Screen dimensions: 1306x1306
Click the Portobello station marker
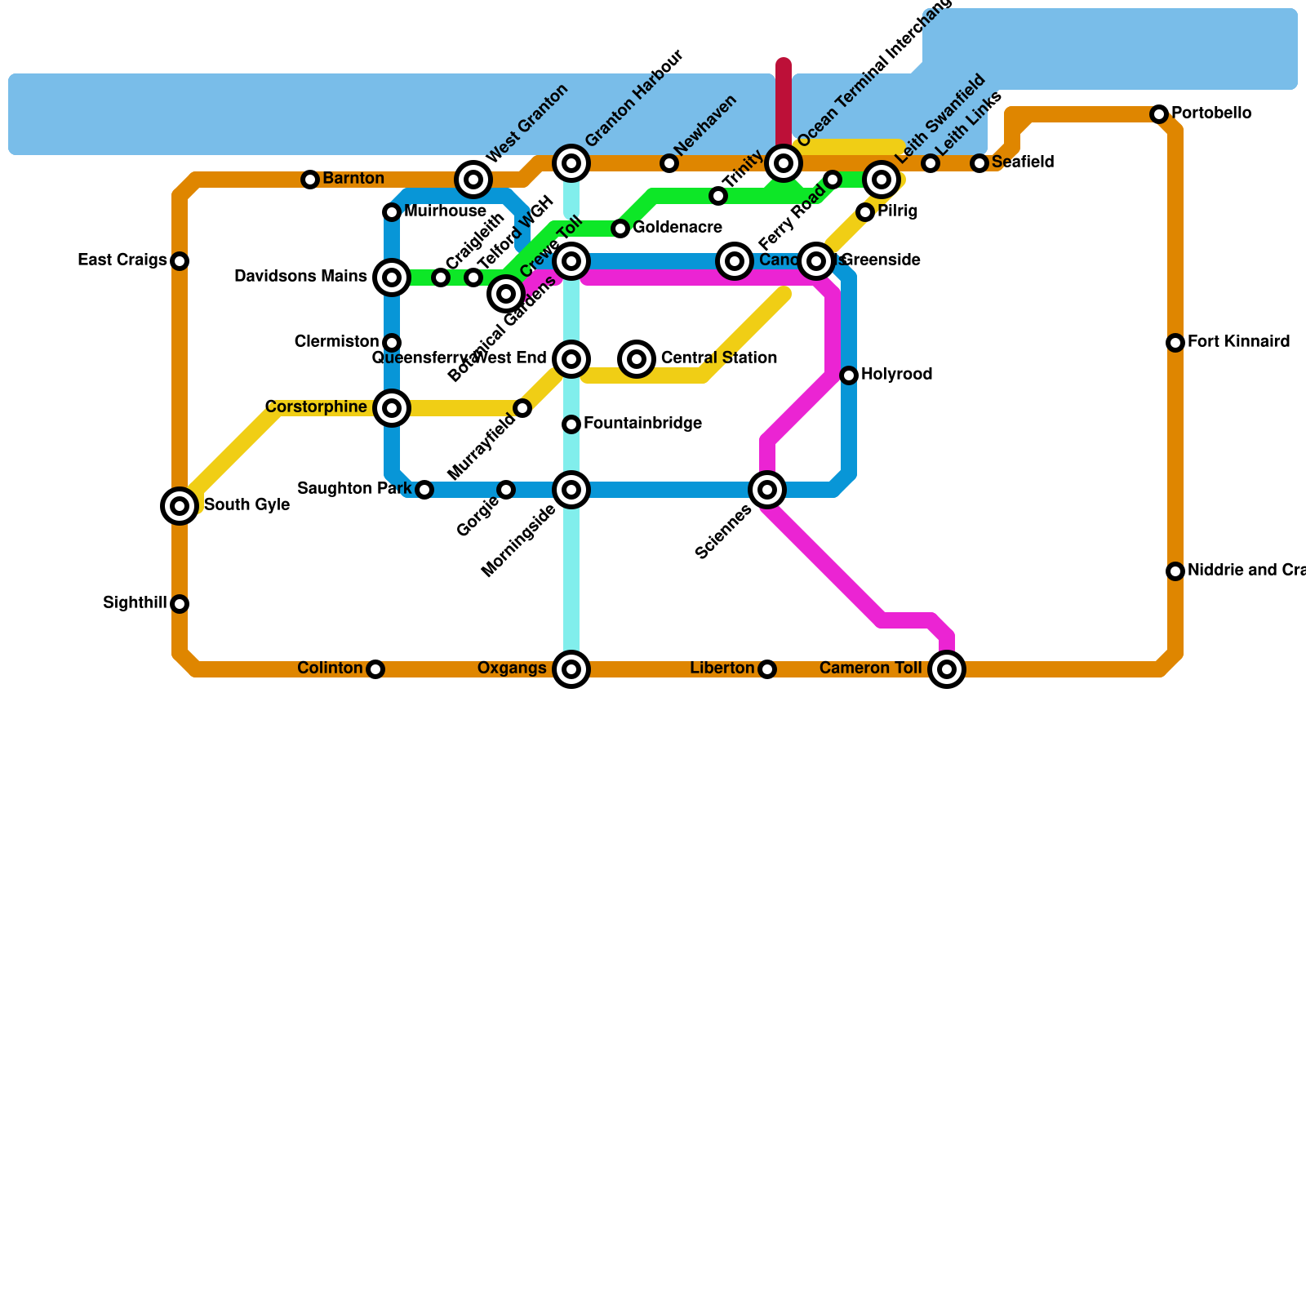[x=1159, y=114]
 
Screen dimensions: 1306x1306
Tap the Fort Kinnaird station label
[x=1238, y=342]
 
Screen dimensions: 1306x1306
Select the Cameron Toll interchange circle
[x=947, y=669]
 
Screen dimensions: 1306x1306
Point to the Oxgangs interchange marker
[x=571, y=669]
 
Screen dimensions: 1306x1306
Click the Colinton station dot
[x=375, y=669]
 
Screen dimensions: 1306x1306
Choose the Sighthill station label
[x=135, y=603]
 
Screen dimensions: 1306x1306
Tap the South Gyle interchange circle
[x=180, y=506]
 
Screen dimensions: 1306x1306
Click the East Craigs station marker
[x=180, y=261]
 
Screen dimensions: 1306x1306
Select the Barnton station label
[x=353, y=179]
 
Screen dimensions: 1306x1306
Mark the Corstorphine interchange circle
[x=392, y=408]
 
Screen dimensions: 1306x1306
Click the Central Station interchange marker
[x=637, y=359]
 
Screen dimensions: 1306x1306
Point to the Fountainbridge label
[x=642, y=424]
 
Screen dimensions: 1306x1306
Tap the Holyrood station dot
[x=849, y=375]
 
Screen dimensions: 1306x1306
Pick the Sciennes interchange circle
[x=767, y=490]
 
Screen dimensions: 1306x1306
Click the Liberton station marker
[x=767, y=669]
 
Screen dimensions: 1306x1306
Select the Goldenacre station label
[x=677, y=228]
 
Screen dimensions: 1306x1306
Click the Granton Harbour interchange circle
[x=571, y=163]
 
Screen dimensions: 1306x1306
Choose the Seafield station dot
[x=979, y=163]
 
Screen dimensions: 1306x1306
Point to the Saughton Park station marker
[x=424, y=490]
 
